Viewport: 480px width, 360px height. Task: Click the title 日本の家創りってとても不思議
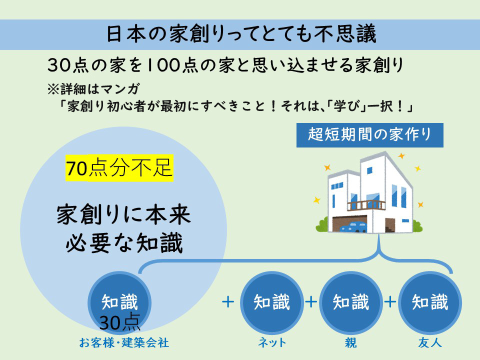[x=241, y=34]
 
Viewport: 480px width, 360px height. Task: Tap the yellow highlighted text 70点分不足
[x=119, y=168]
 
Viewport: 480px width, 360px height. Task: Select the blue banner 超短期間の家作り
[x=370, y=135]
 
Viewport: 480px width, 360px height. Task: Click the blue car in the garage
[x=353, y=227]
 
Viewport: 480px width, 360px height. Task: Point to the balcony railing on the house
[x=366, y=205]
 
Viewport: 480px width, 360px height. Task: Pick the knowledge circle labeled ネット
[x=271, y=302]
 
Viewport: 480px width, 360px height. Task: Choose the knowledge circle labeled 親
[x=351, y=302]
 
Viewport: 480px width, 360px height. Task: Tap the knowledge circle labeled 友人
[x=430, y=302]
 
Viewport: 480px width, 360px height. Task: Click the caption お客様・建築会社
[x=124, y=342]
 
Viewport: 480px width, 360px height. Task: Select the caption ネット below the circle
[x=272, y=342]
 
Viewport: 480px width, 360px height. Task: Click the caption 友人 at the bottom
[x=430, y=342]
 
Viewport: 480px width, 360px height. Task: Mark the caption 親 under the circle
[x=351, y=342]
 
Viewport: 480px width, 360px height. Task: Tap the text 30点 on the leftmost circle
[x=119, y=322]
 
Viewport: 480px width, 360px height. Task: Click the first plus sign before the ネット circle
[x=228, y=302]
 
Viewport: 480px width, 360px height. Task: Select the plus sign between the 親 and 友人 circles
[x=390, y=302]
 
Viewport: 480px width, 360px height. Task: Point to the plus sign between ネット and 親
[x=311, y=302]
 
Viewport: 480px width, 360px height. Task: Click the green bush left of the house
[x=321, y=224]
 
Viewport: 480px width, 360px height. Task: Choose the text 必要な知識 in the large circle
[x=124, y=243]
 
